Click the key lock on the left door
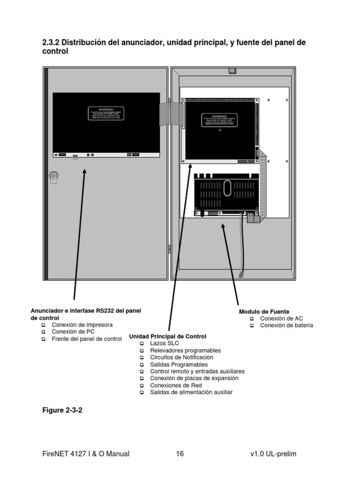(54, 176)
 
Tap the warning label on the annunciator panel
(106, 113)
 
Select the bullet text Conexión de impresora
(82, 324)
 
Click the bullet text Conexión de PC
(74, 331)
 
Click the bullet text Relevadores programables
(185, 351)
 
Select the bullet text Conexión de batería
(286, 325)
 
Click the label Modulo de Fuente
(264, 312)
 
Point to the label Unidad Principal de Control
(167, 337)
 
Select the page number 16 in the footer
(180, 454)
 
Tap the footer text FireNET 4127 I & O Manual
(86, 454)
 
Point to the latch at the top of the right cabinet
(231, 71)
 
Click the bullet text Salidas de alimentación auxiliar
(191, 392)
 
